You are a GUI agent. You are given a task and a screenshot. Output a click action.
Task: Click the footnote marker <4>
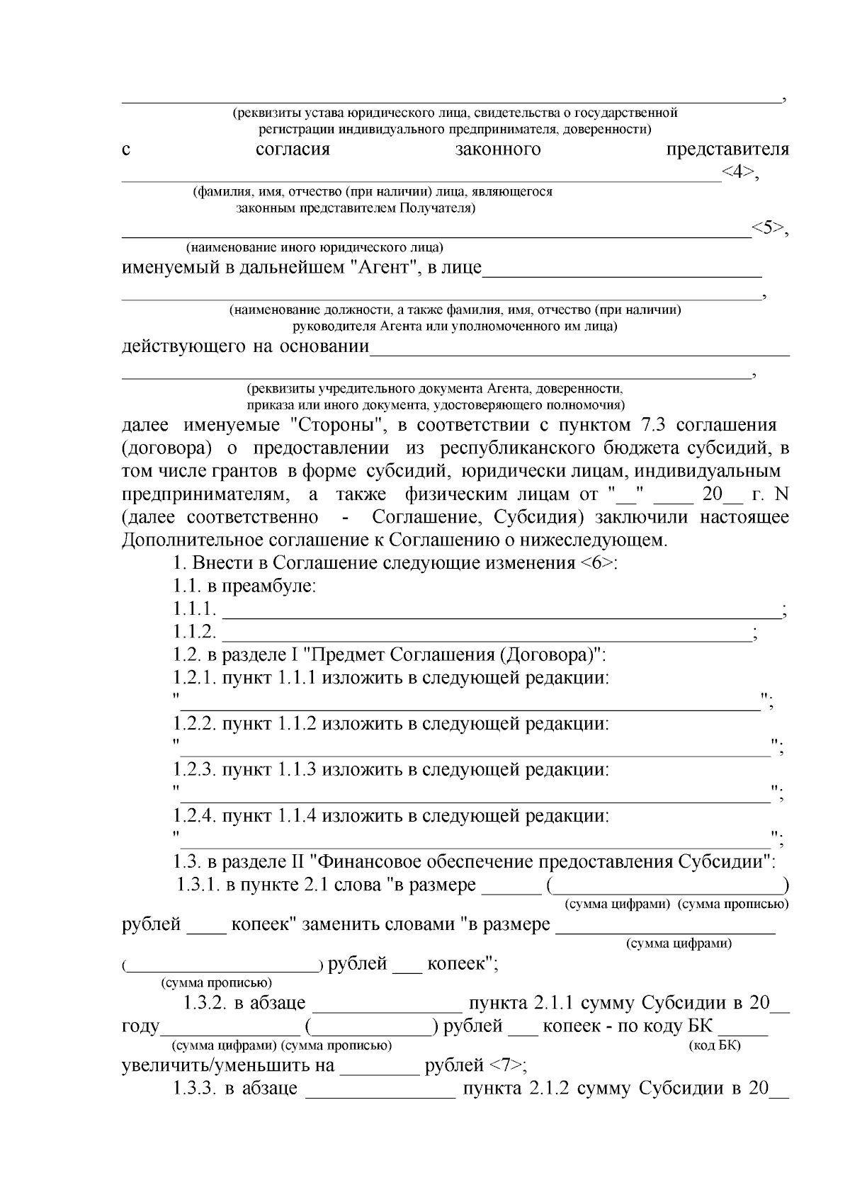(739, 173)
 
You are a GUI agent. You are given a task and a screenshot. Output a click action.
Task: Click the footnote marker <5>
(768, 229)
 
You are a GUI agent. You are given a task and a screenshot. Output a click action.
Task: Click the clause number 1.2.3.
(195, 769)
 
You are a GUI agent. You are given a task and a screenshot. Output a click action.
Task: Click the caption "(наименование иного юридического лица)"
(314, 248)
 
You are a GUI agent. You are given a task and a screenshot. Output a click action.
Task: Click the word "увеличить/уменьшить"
(228, 1066)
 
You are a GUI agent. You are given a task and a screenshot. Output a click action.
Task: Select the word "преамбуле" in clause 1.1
(268, 587)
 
